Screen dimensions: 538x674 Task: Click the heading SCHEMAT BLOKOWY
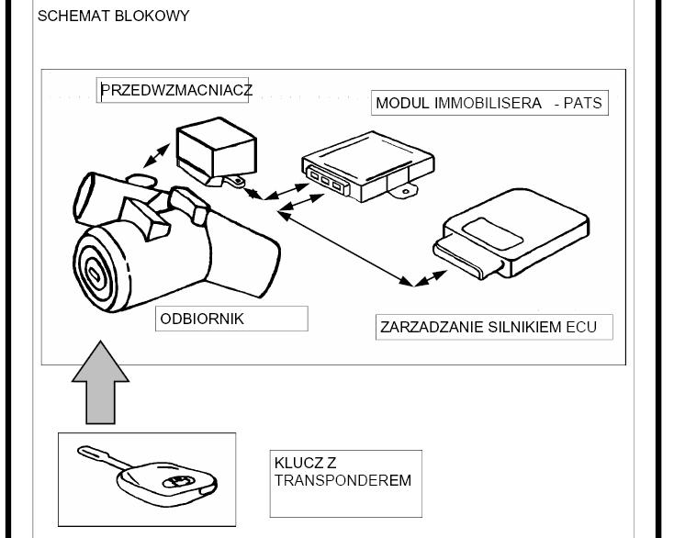click(113, 16)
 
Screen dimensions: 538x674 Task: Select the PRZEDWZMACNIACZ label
click(176, 90)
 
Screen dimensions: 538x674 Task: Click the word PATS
click(583, 103)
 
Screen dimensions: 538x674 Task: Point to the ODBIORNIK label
click(202, 319)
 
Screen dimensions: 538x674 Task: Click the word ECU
click(583, 327)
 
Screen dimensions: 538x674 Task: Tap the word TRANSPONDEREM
click(343, 480)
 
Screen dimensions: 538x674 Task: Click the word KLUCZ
click(293, 463)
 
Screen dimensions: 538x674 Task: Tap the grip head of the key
click(171, 480)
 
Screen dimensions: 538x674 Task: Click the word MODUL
click(402, 103)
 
